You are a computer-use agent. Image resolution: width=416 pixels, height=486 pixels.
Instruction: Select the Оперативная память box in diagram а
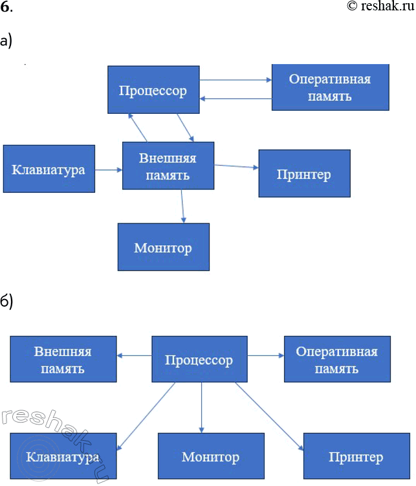tap(330, 87)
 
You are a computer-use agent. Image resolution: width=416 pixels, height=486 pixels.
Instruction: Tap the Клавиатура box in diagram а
tap(49, 170)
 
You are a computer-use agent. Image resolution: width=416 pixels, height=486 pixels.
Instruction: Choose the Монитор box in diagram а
tap(163, 247)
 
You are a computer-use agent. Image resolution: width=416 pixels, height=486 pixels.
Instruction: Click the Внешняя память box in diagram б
tap(63, 360)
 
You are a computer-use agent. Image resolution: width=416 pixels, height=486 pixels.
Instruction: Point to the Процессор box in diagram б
tap(199, 359)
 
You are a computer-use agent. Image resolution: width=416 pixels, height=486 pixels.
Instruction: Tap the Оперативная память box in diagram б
tap(337, 360)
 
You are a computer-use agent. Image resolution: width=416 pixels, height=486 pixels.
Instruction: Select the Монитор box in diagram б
tap(211, 457)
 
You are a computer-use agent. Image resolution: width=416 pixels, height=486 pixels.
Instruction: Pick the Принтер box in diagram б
tap(356, 457)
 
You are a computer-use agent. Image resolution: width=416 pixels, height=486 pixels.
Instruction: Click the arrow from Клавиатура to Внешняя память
tap(109, 170)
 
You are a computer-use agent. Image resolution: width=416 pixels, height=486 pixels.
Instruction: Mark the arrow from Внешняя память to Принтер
tap(236, 167)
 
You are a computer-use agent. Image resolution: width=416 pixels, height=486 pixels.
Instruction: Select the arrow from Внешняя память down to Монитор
tap(183, 206)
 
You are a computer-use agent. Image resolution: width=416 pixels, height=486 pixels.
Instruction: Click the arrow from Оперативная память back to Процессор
tap(235, 98)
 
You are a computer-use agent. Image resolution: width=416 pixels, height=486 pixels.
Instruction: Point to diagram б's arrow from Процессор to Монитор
tap(202, 408)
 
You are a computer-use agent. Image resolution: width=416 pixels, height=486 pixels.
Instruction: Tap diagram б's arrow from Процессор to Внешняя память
tap(134, 355)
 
